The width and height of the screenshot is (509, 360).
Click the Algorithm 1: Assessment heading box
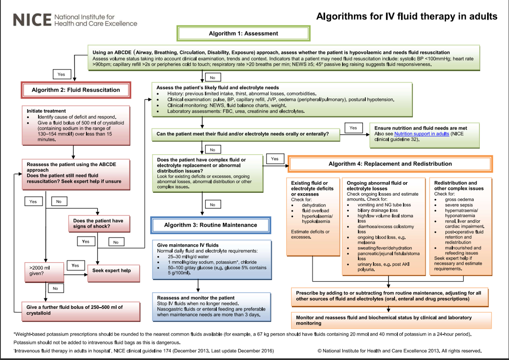tap(243, 33)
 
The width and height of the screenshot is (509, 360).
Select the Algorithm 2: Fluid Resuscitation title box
tap(76, 90)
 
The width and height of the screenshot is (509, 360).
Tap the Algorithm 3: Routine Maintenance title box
tap(211, 225)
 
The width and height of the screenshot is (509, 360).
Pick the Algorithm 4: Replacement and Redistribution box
tap(390, 164)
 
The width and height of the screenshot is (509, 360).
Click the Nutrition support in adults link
tap(421, 134)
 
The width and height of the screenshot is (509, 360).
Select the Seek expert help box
tap(111, 270)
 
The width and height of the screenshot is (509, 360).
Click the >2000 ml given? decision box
tap(42, 270)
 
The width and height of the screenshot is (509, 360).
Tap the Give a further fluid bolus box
tap(75, 310)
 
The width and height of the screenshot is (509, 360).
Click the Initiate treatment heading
tap(46, 111)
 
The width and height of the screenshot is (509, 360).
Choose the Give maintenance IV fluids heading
tap(188, 245)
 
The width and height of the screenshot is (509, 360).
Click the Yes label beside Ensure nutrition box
tap(353, 128)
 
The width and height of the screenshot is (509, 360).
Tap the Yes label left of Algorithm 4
tap(274, 159)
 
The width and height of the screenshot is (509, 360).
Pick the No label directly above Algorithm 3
tap(212, 204)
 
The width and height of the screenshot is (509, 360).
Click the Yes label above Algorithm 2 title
tap(61, 75)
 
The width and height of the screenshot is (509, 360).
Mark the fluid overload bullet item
tap(312, 211)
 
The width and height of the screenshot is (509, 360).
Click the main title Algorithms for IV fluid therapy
tap(406, 17)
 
